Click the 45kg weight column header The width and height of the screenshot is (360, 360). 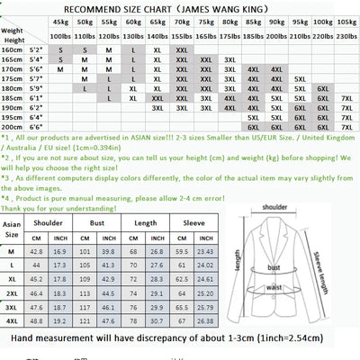(x=60, y=21)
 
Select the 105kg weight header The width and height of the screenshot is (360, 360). (x=321, y=21)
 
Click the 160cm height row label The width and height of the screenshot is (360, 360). (x=12, y=50)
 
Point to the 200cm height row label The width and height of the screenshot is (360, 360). (x=12, y=129)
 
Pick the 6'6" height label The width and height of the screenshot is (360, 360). (x=36, y=129)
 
